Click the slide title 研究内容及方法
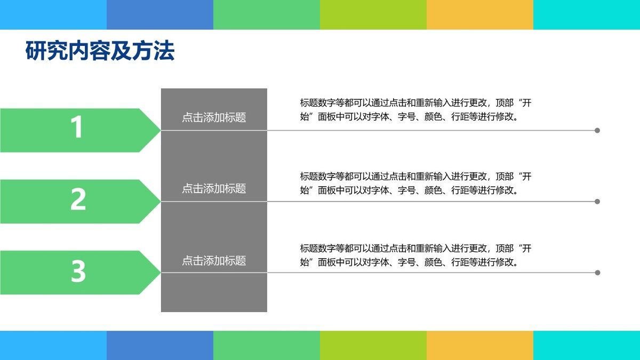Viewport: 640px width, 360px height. (100, 52)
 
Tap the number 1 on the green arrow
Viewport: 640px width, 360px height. (78, 128)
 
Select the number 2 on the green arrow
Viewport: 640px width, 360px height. (78, 199)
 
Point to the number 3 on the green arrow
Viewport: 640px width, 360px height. (78, 271)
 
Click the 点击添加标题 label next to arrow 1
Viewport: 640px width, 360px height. (214, 117)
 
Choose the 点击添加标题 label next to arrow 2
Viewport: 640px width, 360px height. (214, 188)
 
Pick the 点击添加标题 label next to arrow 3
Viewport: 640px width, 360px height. (214, 261)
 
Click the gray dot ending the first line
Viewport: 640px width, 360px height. (597, 130)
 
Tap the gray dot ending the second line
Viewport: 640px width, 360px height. (597, 202)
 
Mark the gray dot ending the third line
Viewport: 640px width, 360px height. (597, 273)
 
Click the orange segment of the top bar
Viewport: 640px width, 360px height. (480, 14)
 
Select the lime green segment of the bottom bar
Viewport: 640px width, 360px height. (373, 345)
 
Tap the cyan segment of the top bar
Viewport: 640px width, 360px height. (587, 14)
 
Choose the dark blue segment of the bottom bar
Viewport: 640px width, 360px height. (160, 345)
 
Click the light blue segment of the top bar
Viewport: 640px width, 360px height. (53, 14)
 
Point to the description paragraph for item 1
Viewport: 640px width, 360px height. (415, 110)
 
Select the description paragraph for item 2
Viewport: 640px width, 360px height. (415, 183)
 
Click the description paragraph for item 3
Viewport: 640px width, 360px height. (415, 255)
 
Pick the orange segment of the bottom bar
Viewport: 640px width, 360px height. (480, 345)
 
